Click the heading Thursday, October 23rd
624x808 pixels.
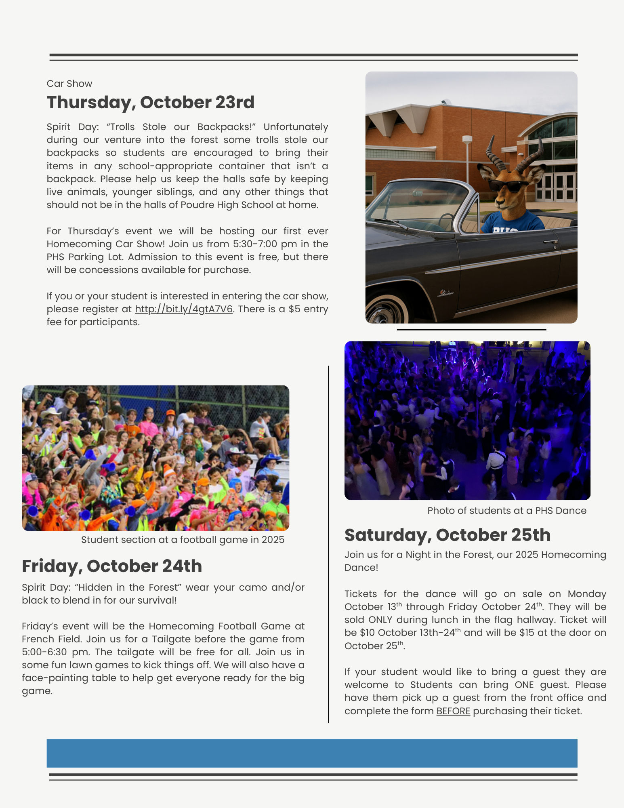click(x=150, y=103)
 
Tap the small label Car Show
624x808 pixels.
click(x=69, y=84)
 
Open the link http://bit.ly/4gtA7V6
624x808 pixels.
click(x=184, y=309)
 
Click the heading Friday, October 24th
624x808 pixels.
click(x=112, y=566)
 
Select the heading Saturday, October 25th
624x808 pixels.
click(x=448, y=535)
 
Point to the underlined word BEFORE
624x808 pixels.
click(x=453, y=711)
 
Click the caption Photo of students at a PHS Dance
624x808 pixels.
click(x=506, y=511)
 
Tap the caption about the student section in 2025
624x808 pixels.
click(x=183, y=540)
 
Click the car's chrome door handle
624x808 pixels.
click(x=550, y=242)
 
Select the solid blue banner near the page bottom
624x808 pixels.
click(x=312, y=753)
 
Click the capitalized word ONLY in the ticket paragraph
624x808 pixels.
click(x=380, y=620)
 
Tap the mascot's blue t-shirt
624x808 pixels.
click(x=513, y=222)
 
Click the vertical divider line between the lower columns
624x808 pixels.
click(x=328, y=545)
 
